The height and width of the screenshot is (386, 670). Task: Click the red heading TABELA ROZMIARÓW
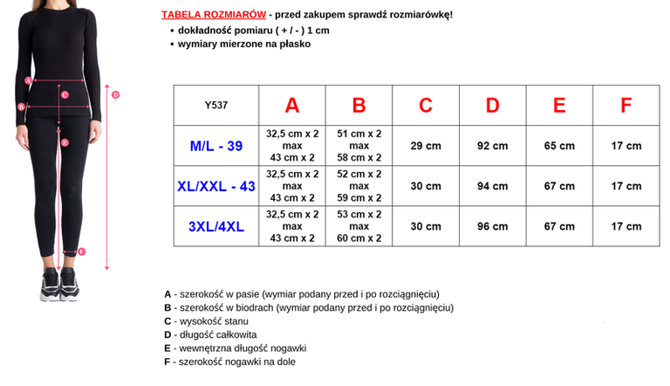(x=213, y=16)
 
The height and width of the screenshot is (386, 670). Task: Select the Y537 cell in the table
(x=215, y=106)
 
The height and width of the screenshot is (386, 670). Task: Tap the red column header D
(x=493, y=106)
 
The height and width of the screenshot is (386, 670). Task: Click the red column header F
(x=626, y=106)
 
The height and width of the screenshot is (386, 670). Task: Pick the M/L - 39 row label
(x=216, y=146)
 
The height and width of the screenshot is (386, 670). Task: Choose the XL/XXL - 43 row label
(x=216, y=186)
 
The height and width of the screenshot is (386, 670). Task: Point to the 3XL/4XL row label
(x=216, y=226)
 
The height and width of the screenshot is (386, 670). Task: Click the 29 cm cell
(x=426, y=146)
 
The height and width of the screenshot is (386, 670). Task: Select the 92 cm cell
(x=493, y=146)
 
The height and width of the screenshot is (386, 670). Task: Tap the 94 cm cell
(x=493, y=186)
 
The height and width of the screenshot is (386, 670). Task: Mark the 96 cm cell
(x=493, y=226)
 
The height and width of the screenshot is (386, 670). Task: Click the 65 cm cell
(x=559, y=146)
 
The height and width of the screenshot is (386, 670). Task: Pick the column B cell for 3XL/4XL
(x=359, y=226)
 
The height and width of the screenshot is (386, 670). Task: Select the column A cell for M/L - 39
(x=292, y=146)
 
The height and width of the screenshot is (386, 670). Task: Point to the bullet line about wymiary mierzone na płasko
(x=243, y=43)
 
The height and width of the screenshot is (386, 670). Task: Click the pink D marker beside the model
(x=116, y=94)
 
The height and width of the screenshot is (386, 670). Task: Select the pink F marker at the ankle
(x=82, y=252)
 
